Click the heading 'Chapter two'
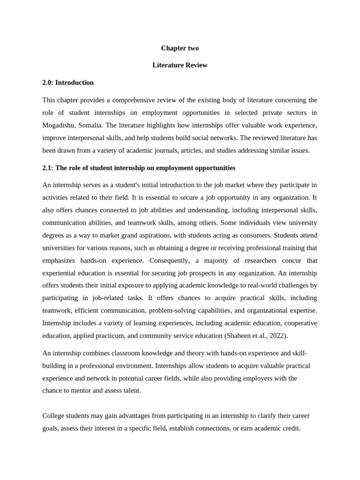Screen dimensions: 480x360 pos(180,48)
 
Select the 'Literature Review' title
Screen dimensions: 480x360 pos(180,65)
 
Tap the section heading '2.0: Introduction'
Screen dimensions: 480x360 pos(68,82)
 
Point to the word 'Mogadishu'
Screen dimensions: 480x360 pos(58,125)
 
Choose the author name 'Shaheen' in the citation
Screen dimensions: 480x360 pos(239,336)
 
